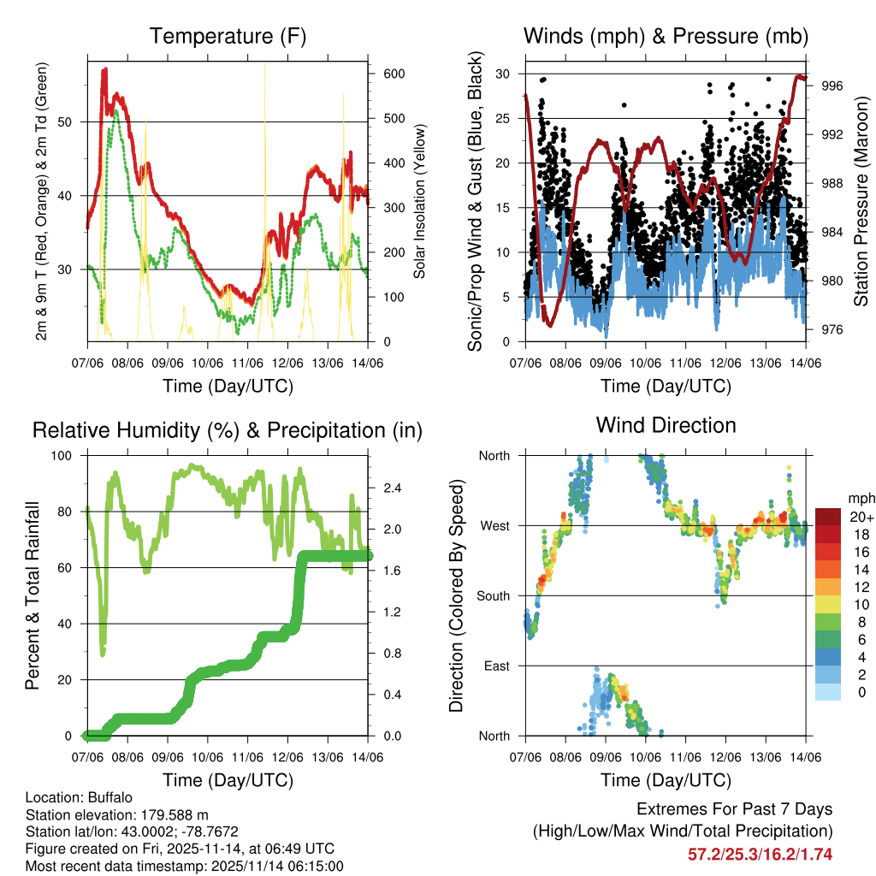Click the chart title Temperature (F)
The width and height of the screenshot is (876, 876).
point(228,37)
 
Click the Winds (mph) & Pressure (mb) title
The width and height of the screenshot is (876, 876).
point(666,37)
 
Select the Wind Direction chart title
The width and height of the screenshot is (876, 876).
point(666,425)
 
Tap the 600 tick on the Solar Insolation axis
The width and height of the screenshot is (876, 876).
point(394,74)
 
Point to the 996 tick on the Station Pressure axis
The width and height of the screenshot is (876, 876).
point(834,86)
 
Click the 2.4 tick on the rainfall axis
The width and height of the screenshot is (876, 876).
point(394,488)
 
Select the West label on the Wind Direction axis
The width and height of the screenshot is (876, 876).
point(494,526)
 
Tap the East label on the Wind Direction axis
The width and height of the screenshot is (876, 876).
point(496,666)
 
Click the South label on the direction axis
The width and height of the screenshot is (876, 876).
point(494,596)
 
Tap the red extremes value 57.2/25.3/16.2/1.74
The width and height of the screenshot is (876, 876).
point(760,855)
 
